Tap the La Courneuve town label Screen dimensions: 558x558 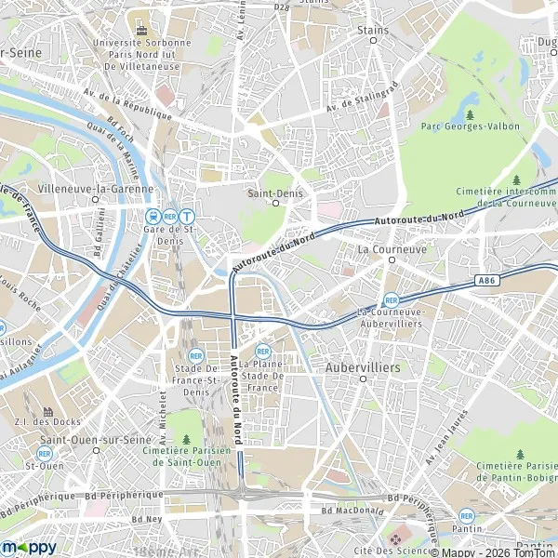point(392,249)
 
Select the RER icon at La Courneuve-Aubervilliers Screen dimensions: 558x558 point(391,300)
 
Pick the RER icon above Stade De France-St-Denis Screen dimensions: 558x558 point(196,355)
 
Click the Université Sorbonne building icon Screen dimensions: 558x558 point(141,29)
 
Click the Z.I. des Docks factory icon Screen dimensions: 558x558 point(48,410)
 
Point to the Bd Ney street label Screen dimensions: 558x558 point(149,518)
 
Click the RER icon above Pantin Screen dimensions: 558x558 point(467,515)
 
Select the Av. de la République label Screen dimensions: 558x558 point(129,100)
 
